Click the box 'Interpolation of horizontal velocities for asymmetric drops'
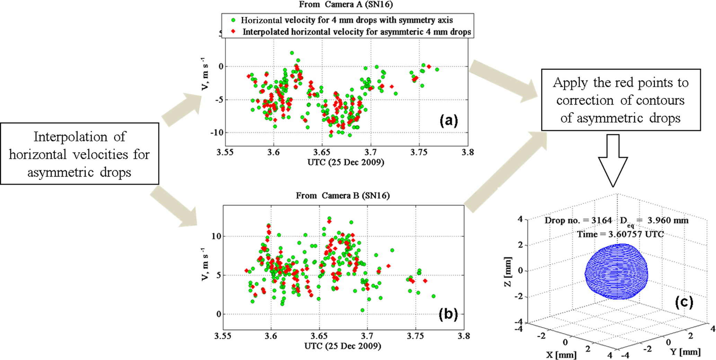click(79, 154)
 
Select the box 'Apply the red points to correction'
click(620, 100)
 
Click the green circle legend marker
click(233, 20)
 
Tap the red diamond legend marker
click(233, 32)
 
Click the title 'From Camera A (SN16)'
click(346, 4)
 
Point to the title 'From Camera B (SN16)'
click(343, 196)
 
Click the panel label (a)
click(449, 120)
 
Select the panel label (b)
click(448, 314)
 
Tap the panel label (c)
click(684, 302)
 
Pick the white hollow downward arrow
click(613, 161)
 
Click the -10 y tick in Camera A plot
click(217, 133)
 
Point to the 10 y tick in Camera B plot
click(216, 236)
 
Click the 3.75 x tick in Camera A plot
click(419, 152)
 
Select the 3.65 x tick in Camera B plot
click(319, 336)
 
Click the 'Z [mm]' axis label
click(507, 272)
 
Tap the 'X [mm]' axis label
click(561, 354)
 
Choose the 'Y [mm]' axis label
click(685, 352)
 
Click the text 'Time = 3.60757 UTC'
click(620, 234)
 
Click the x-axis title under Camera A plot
click(346, 162)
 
